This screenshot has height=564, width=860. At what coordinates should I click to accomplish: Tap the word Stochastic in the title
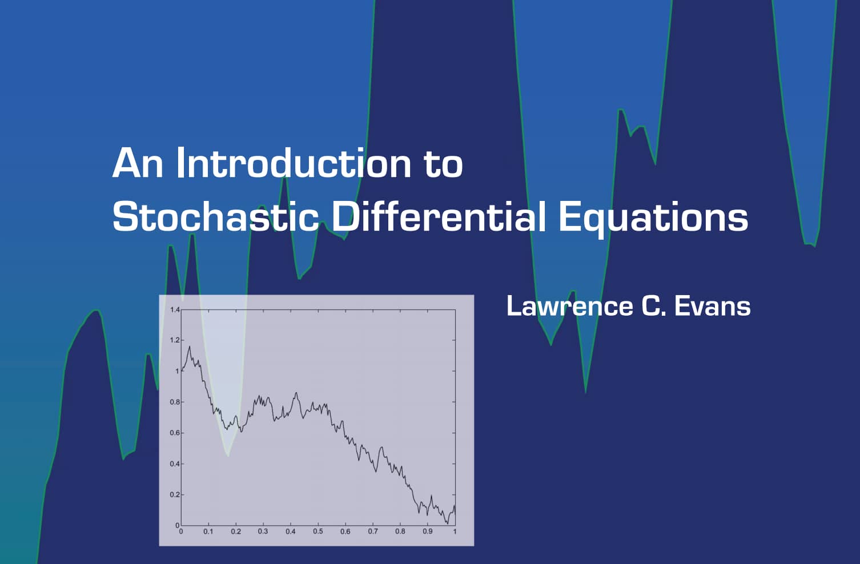coord(215,216)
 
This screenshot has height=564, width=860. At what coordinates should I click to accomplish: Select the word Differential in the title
coord(439,216)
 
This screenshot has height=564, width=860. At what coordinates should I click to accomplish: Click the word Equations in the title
coord(653,219)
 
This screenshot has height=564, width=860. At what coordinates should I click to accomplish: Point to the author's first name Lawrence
coord(569,306)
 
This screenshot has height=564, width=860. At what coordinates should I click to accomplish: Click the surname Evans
coord(713,306)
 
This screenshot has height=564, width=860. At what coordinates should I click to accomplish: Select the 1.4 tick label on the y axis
coord(175,309)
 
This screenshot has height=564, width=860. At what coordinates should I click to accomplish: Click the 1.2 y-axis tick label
coord(175,340)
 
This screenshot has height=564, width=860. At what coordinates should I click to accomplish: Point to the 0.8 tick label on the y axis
coord(175,402)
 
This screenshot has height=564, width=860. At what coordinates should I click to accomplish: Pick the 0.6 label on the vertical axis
coord(175,433)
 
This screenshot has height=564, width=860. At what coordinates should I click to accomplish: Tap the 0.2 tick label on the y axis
coord(175,494)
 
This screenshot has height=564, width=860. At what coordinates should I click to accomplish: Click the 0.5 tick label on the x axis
coord(318,531)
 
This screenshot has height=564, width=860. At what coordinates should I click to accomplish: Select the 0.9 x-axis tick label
coord(427,531)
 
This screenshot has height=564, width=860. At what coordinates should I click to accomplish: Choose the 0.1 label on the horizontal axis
coord(208,531)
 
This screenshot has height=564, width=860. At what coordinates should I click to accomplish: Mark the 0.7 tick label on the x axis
coord(373,531)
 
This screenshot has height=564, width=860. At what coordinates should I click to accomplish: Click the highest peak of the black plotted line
coord(189,347)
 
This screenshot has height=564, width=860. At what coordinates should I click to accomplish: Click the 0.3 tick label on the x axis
coord(263,531)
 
